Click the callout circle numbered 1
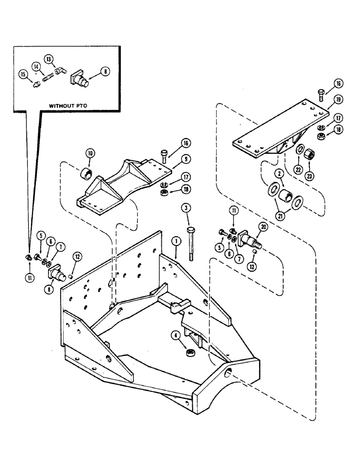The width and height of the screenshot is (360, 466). (x=175, y=241)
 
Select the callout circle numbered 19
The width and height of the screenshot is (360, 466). (x=338, y=99)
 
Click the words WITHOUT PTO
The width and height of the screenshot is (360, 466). (x=69, y=106)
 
